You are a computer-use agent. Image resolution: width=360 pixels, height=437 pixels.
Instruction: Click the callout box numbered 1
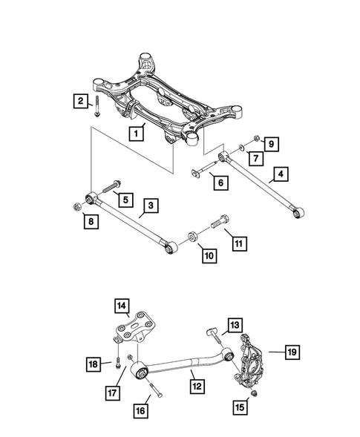tap(136, 134)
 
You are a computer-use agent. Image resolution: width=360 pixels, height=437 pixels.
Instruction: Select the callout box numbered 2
tap(77, 100)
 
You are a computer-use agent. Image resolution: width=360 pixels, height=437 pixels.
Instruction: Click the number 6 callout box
tap(220, 180)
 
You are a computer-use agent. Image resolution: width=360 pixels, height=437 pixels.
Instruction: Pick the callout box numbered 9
tap(272, 143)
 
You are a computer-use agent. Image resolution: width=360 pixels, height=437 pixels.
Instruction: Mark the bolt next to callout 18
tap(117, 363)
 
